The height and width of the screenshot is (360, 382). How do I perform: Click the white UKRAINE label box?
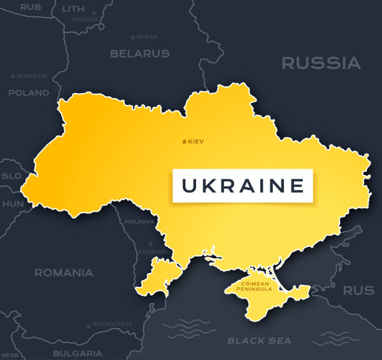tap(243, 186)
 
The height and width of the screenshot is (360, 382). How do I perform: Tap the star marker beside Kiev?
tap(184, 142)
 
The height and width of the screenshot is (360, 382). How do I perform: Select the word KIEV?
tap(195, 142)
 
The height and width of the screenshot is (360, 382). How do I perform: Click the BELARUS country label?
tap(140, 54)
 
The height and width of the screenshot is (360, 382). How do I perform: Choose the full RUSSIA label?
tap(321, 63)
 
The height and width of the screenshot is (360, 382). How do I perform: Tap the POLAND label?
tap(28, 92)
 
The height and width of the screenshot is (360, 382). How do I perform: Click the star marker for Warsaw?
tap(12, 76)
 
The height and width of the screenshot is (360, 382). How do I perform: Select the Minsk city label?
tap(147, 37)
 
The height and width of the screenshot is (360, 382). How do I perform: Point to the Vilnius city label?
tap(86, 19)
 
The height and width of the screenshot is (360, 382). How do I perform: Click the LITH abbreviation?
tap(74, 8)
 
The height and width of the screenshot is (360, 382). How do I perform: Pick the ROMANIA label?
tap(64, 272)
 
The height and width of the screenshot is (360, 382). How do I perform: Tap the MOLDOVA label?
tap(139, 222)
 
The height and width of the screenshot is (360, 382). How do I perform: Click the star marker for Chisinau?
tap(150, 243)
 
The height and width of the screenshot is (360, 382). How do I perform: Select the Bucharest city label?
tap(112, 324)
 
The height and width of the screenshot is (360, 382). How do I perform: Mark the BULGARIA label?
tap(77, 353)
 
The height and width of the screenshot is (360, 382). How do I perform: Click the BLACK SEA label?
tap(259, 341)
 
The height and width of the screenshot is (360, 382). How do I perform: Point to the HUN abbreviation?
tap(12, 204)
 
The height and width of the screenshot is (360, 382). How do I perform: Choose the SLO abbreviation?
tap(11, 176)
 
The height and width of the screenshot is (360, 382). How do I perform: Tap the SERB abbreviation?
tap(10, 355)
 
